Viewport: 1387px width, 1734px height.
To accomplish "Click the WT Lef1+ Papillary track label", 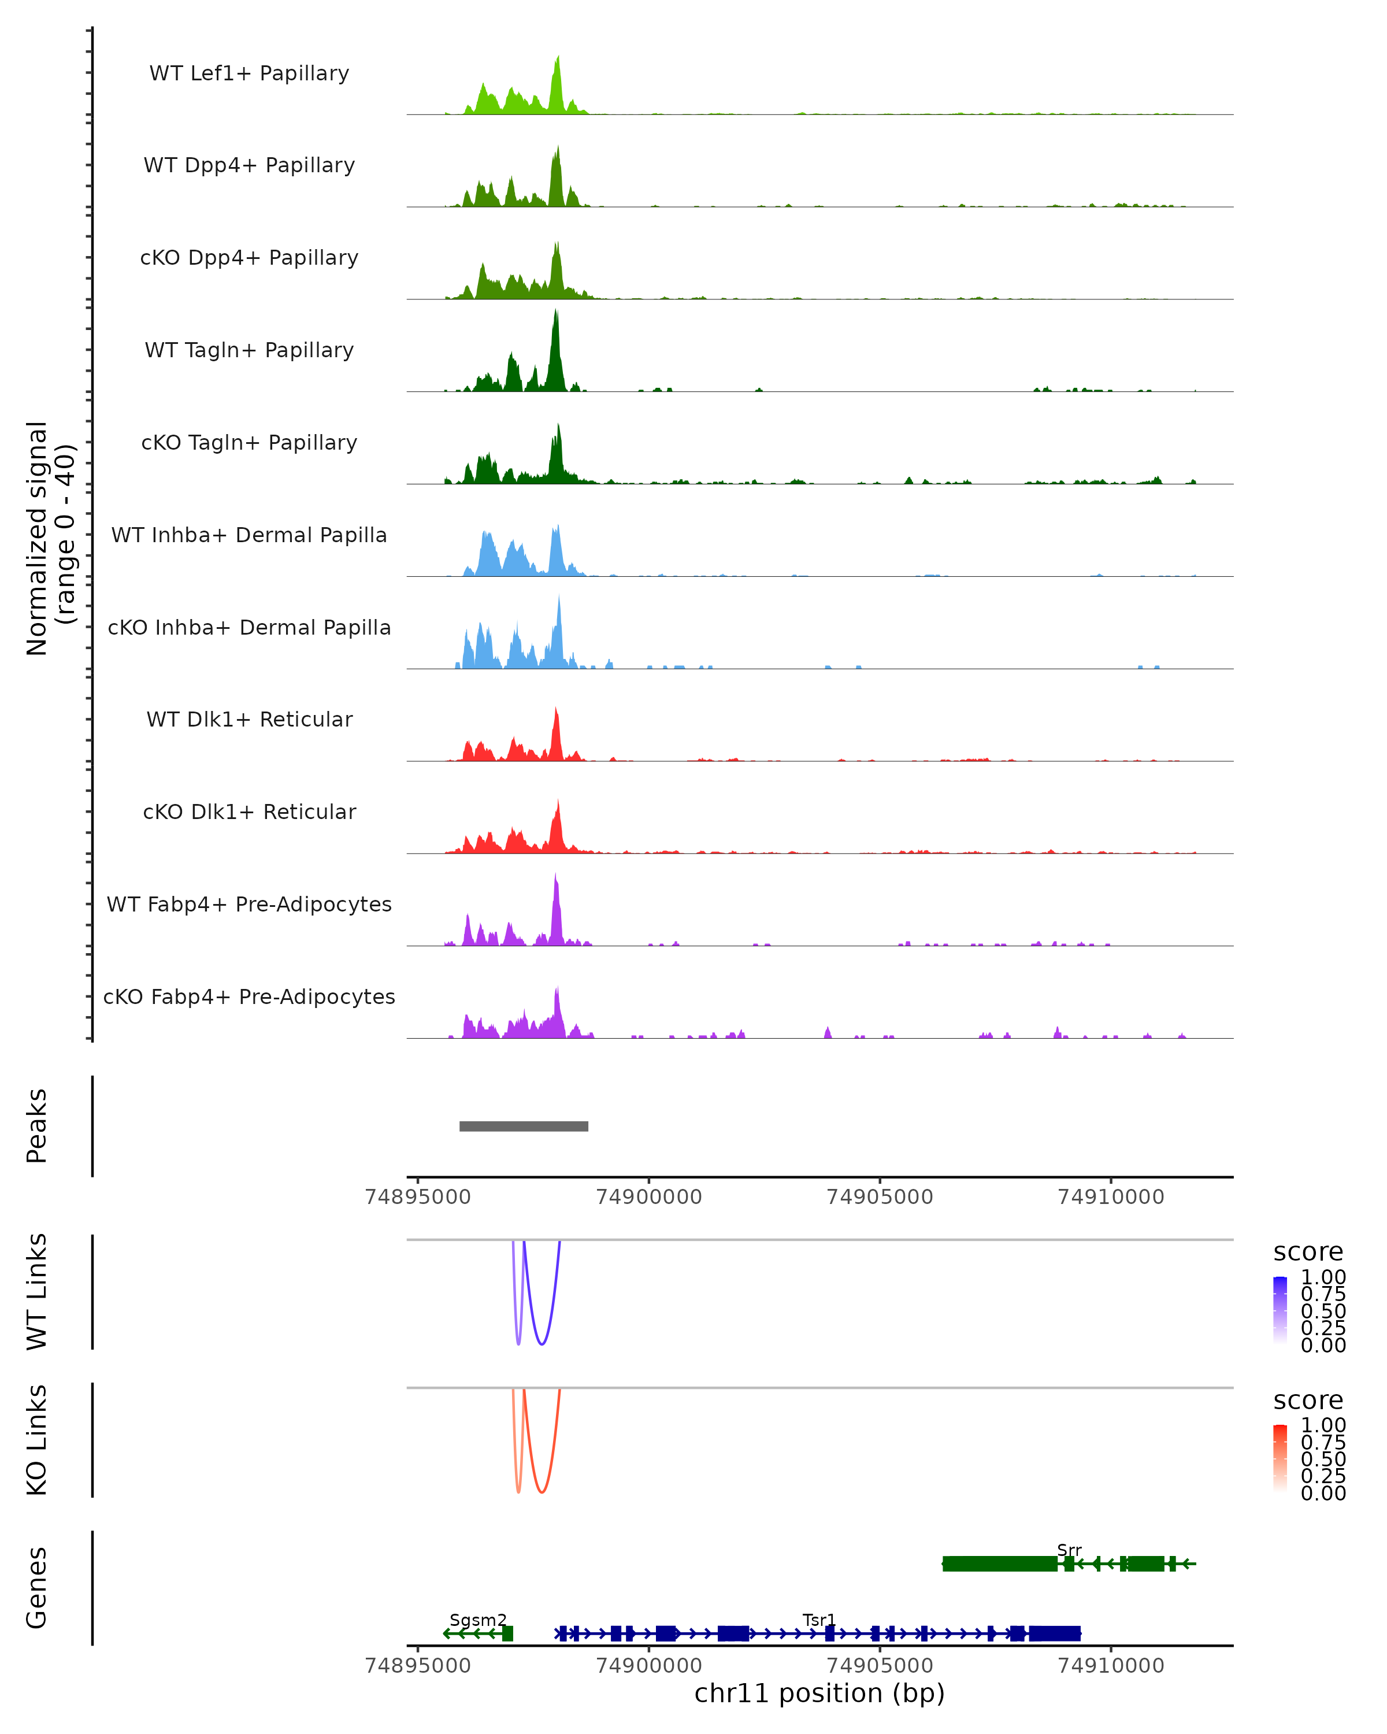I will [x=249, y=73].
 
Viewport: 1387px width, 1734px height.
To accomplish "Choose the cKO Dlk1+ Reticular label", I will [x=249, y=812].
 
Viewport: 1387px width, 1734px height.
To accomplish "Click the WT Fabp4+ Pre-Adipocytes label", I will [x=249, y=904].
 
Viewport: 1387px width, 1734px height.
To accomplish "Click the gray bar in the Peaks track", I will [x=524, y=1126].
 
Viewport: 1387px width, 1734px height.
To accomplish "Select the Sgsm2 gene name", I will [x=477, y=1620].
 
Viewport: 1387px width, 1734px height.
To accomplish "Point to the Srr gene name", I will [x=1069, y=1550].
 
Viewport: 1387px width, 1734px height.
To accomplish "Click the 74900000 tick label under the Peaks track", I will [x=649, y=1197].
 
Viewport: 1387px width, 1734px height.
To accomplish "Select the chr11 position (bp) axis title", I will [x=819, y=1693].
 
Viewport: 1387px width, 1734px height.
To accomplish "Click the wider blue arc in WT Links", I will [x=543, y=1343].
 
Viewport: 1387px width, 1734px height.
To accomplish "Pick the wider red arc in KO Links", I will [x=543, y=1492].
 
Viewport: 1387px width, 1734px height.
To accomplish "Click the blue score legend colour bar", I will [x=1280, y=1310].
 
